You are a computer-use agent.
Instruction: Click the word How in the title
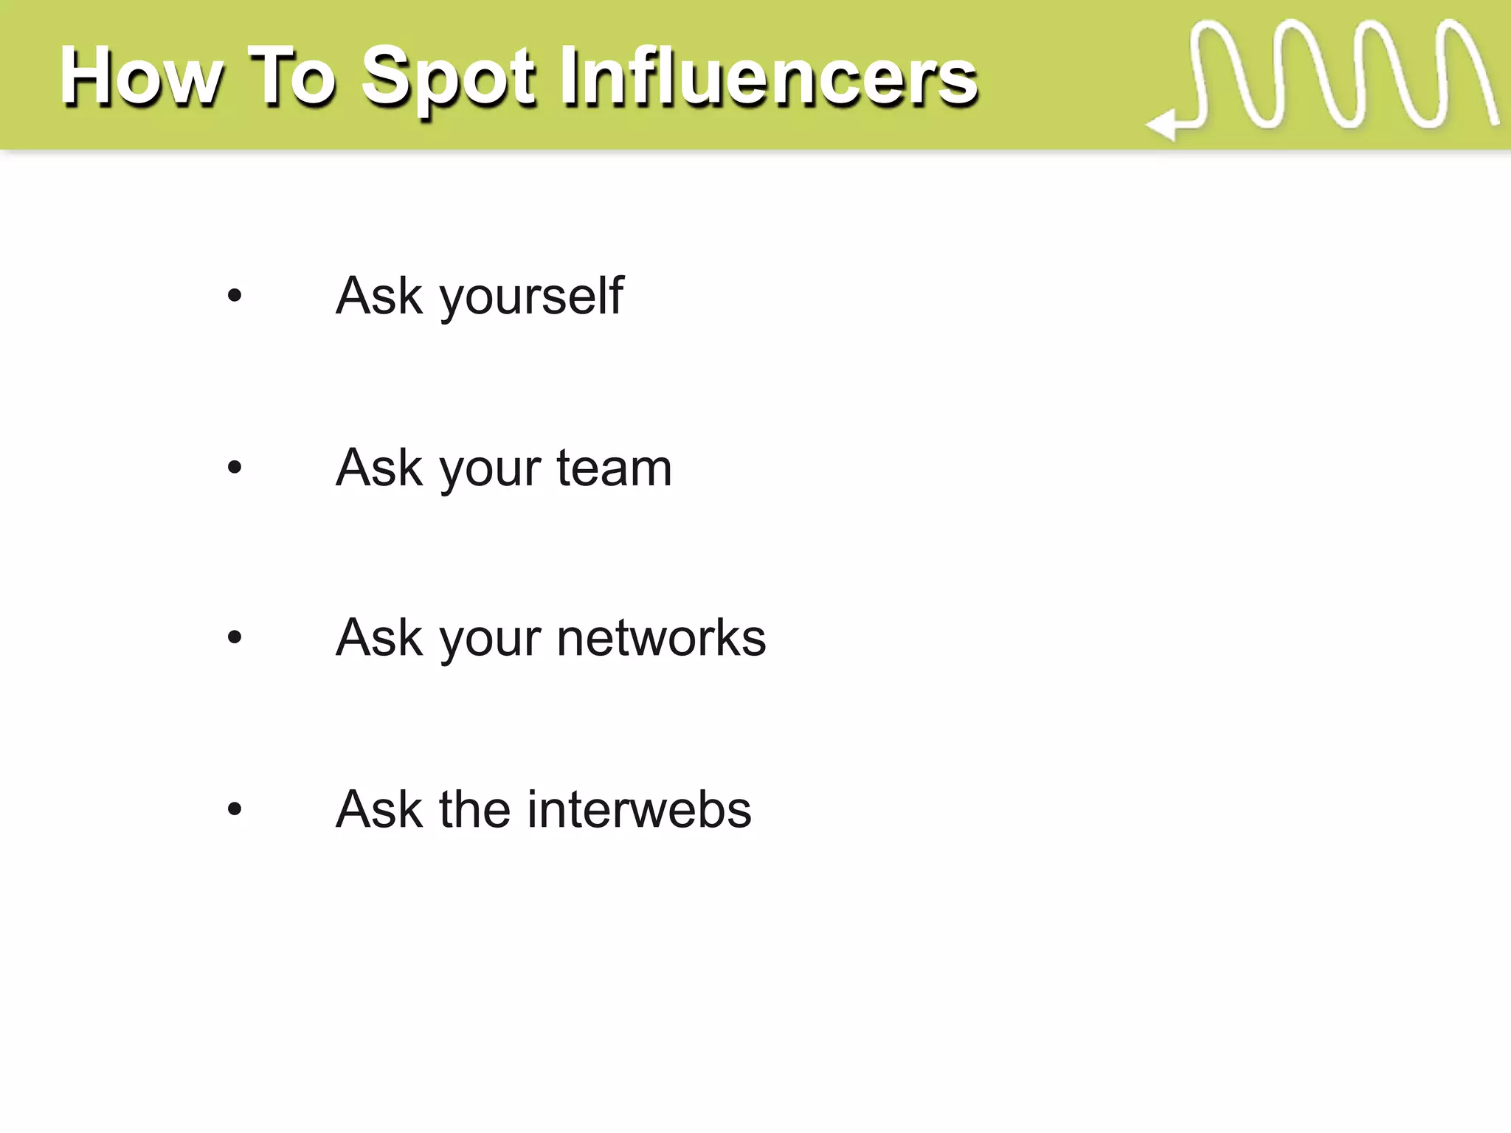pyautogui.click(x=140, y=77)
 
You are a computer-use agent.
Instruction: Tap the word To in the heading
pyautogui.click(x=292, y=77)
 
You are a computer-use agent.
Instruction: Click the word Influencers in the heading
pyautogui.click(x=768, y=77)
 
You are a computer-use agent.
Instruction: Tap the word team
pyautogui.click(x=614, y=468)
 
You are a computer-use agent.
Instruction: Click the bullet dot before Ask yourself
pyautogui.click(x=235, y=297)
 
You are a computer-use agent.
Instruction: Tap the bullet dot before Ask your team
pyautogui.click(x=235, y=468)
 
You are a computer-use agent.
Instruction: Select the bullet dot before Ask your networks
pyautogui.click(x=235, y=637)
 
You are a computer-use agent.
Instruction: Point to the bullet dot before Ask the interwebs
pyautogui.click(x=235, y=810)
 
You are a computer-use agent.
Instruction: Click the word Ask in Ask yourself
pyautogui.click(x=379, y=297)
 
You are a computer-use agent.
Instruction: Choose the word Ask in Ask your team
pyautogui.click(x=379, y=468)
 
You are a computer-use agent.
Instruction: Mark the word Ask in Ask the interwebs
pyautogui.click(x=379, y=809)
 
